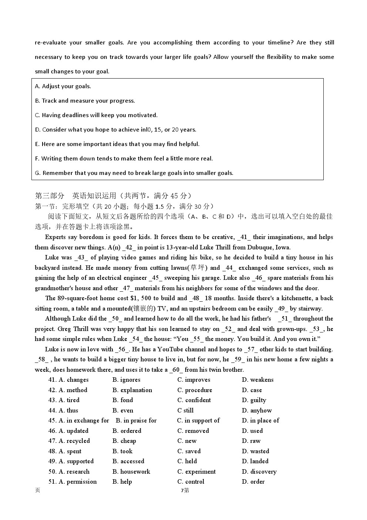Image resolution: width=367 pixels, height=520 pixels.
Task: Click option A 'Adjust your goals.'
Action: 63,86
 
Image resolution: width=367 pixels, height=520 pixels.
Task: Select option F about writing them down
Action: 124,159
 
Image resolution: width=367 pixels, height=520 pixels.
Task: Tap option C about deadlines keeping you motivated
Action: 96,115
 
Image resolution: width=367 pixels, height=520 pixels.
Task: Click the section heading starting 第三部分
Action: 113,196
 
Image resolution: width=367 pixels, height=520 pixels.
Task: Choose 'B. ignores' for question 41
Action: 126,380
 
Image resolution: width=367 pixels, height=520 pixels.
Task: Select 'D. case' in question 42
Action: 252,390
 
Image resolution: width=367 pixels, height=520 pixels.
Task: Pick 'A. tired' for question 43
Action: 69,400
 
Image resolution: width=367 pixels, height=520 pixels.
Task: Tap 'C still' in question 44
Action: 185,411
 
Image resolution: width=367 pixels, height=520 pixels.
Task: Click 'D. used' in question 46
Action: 252,431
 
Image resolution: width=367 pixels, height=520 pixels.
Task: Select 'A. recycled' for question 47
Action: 74,441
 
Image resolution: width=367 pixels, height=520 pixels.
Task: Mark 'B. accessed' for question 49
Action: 128,461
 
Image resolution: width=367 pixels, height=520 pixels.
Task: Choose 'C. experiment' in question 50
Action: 196,472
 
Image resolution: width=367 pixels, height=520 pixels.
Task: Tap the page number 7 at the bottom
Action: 182,491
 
